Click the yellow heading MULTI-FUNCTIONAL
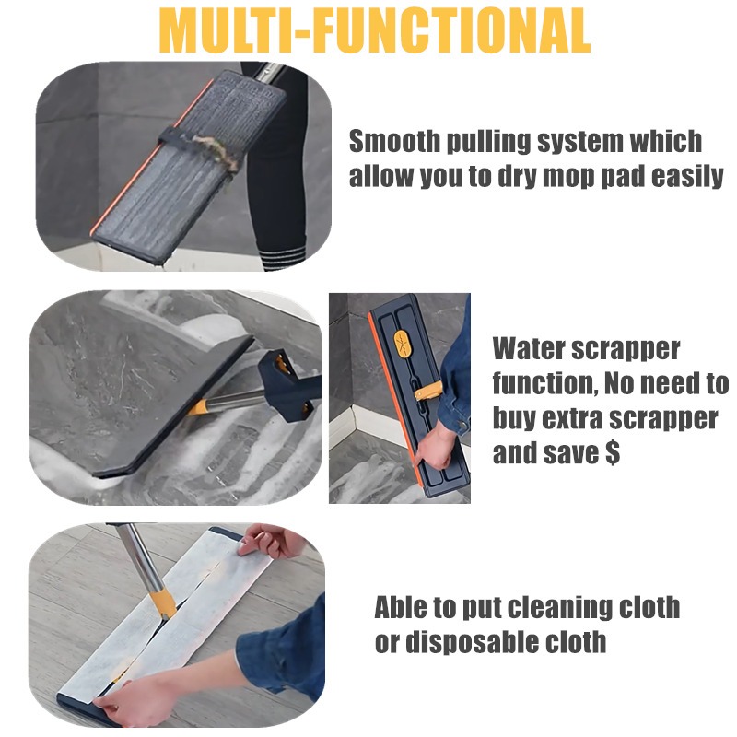tap(374, 31)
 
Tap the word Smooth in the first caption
tap(394, 142)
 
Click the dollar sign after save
tap(613, 452)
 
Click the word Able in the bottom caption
tap(401, 607)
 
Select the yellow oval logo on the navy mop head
tap(402, 344)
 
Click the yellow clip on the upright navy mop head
tap(428, 390)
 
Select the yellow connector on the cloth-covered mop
tap(163, 605)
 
